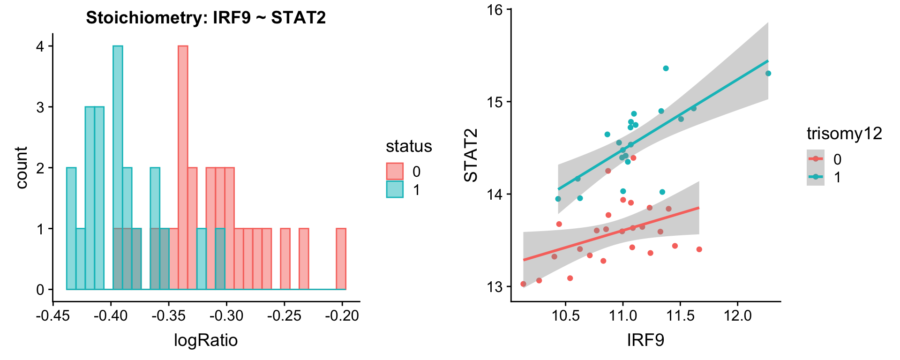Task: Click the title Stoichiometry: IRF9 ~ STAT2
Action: (x=206, y=18)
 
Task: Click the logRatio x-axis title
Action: (x=206, y=340)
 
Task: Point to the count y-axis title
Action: (x=21, y=167)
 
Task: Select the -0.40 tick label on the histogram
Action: (x=111, y=315)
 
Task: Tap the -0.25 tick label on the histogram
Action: (x=284, y=315)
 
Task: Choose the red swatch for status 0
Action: (x=395, y=172)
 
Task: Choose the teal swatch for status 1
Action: (x=395, y=189)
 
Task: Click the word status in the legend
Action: (x=409, y=146)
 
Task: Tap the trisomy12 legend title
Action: (x=844, y=134)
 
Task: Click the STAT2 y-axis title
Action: (x=470, y=155)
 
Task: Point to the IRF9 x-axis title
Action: (x=645, y=340)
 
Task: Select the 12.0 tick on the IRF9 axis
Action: (x=738, y=315)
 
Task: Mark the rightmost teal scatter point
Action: (x=768, y=73)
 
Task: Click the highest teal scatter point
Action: (x=666, y=68)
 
